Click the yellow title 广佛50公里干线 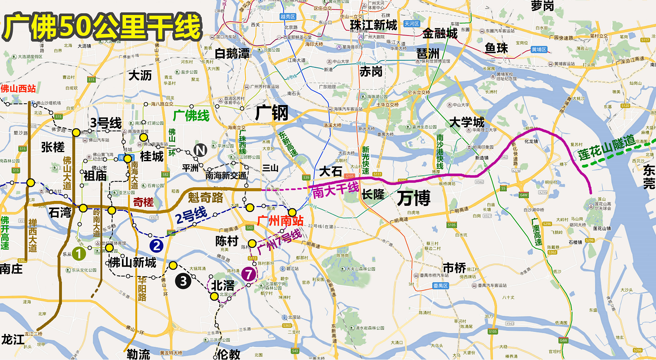103,27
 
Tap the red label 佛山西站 18,88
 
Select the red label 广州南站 280,221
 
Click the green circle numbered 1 79,253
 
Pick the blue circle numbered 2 156,246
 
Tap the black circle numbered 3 183,281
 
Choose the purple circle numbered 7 248,274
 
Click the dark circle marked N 200,150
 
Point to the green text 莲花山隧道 607,148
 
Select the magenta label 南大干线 336,190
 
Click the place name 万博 414,198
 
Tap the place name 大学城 467,122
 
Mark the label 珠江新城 373,25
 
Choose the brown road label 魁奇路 205,198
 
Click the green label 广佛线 191,115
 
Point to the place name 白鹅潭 232,53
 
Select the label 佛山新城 132,262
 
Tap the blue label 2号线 191,216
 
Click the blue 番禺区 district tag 441,286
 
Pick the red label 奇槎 143,202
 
